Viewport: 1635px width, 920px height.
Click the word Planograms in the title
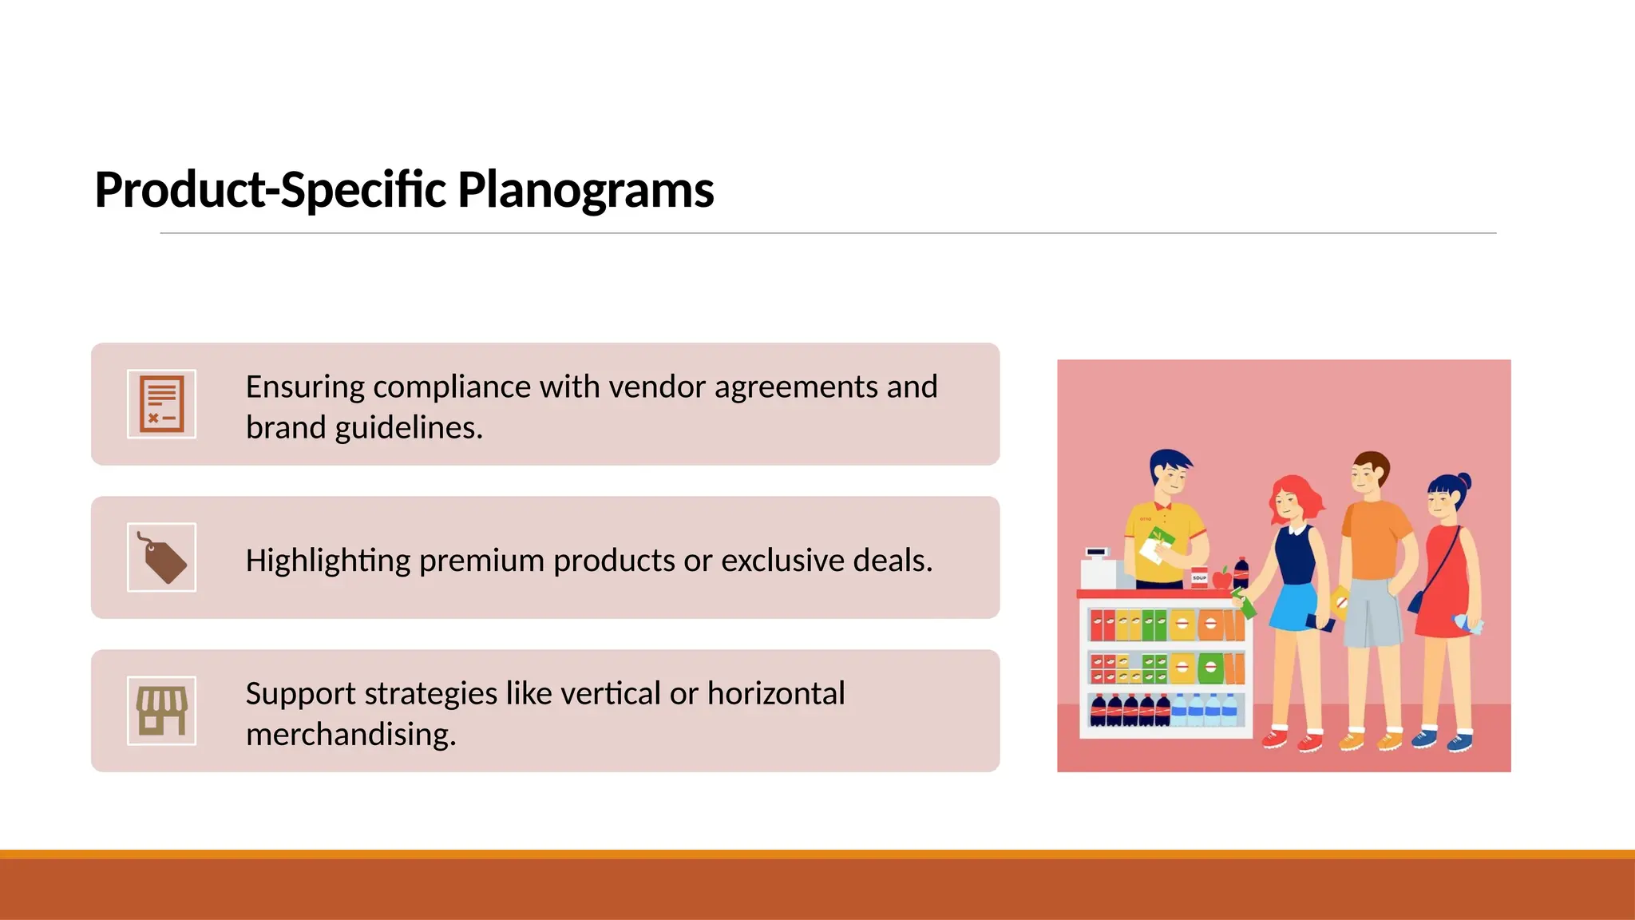585,190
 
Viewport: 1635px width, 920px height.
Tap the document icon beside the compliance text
161,404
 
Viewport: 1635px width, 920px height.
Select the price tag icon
161,557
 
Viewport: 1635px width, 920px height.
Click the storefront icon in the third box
161,711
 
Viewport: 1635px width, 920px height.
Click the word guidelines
408,428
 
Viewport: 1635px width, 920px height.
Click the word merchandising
350,735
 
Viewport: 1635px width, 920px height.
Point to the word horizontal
775,693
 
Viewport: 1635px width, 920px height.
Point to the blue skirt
1293,607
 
